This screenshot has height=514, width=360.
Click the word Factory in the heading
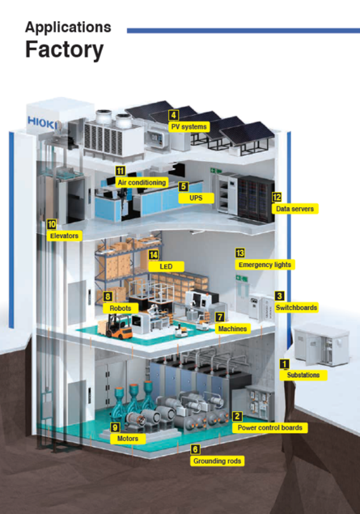pyautogui.click(x=65, y=50)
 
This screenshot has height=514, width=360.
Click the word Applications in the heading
pyautogui.click(x=68, y=28)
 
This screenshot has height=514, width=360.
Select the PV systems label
pyautogui.click(x=189, y=126)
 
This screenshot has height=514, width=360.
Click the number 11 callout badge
pyautogui.click(x=121, y=171)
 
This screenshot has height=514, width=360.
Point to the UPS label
pyautogui.click(x=196, y=198)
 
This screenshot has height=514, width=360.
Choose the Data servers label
pyautogui.click(x=294, y=209)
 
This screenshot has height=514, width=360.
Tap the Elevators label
pyautogui.click(x=64, y=236)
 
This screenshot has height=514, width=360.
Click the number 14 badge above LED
pyautogui.click(x=153, y=255)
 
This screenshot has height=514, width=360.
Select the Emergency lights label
pyautogui.click(x=265, y=265)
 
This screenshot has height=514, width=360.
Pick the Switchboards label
pyautogui.click(x=296, y=308)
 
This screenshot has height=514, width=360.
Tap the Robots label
pyautogui.click(x=121, y=308)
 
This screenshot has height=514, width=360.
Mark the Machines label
pyautogui.click(x=232, y=329)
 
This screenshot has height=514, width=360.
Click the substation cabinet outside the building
pyautogui.click(x=321, y=345)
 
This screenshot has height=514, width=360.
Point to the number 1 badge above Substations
pyautogui.click(x=284, y=364)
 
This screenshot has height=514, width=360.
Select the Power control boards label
pyautogui.click(x=270, y=427)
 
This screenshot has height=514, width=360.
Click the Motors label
pyautogui.click(x=128, y=439)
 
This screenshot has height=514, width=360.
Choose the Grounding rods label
pyautogui.click(x=217, y=461)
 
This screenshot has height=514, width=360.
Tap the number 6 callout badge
pyautogui.click(x=195, y=449)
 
